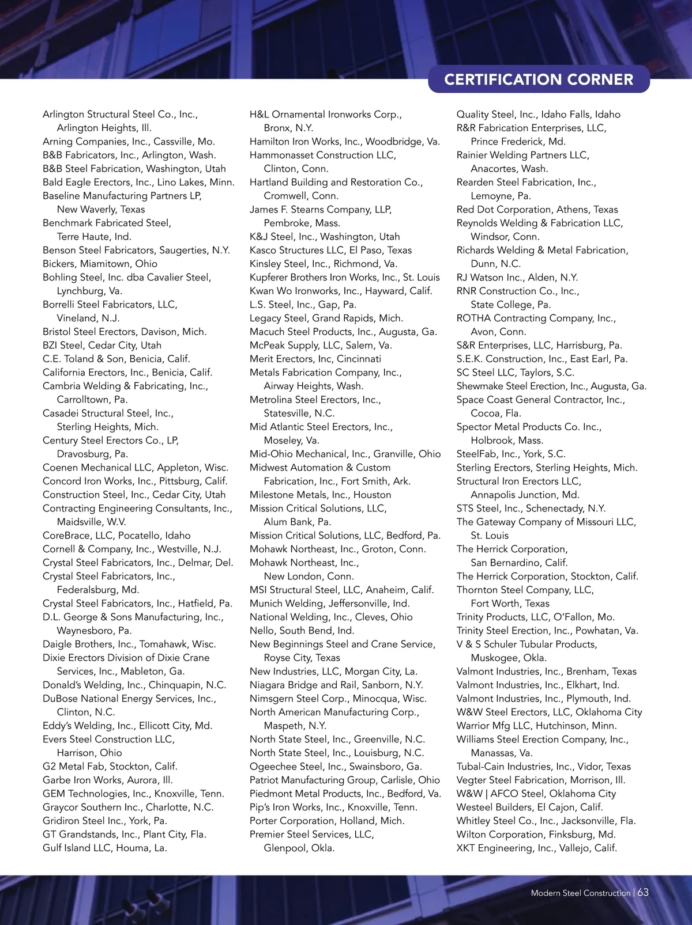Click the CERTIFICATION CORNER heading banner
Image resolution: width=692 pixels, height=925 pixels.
click(x=539, y=79)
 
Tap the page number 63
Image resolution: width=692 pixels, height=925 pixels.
click(x=643, y=892)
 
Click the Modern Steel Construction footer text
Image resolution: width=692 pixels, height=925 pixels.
click(x=580, y=893)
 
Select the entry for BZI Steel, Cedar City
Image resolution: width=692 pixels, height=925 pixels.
click(x=102, y=345)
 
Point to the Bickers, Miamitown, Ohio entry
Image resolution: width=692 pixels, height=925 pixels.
click(x=100, y=264)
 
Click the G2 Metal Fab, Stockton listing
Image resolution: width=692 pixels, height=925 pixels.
click(x=110, y=766)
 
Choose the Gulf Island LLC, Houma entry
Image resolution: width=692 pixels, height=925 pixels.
click(x=104, y=848)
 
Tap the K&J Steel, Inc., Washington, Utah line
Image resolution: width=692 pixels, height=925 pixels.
click(x=324, y=237)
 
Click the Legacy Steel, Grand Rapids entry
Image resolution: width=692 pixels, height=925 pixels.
click(x=326, y=318)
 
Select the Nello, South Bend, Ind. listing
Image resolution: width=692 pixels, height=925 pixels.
click(x=302, y=631)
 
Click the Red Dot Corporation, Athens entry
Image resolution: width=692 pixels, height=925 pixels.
click(x=537, y=210)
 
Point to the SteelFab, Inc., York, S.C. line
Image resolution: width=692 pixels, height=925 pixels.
click(x=511, y=454)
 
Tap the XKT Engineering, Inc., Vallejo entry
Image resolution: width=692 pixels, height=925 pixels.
click(x=536, y=848)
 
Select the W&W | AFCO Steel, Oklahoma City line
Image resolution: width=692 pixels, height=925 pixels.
click(x=536, y=794)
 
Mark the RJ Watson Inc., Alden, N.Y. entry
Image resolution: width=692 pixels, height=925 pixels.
click(x=517, y=278)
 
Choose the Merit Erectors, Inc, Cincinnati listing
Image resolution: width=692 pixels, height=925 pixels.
click(x=315, y=359)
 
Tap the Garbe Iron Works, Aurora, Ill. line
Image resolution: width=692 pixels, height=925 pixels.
click(x=107, y=780)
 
